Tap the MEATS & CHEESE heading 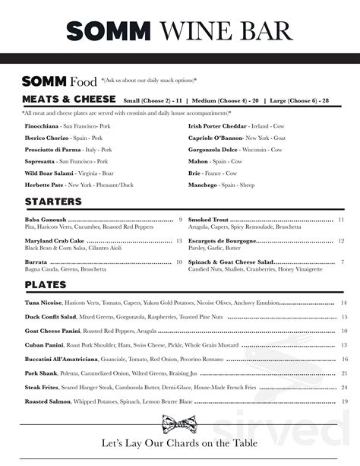point(68,100)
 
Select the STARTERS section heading point(53,201)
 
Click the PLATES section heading point(45,284)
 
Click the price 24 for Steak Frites point(345,387)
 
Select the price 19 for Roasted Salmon point(345,401)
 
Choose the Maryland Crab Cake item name point(53,241)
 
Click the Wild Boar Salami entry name point(50,173)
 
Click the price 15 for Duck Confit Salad point(345,317)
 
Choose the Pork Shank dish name point(41,373)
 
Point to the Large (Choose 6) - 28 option point(300,100)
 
